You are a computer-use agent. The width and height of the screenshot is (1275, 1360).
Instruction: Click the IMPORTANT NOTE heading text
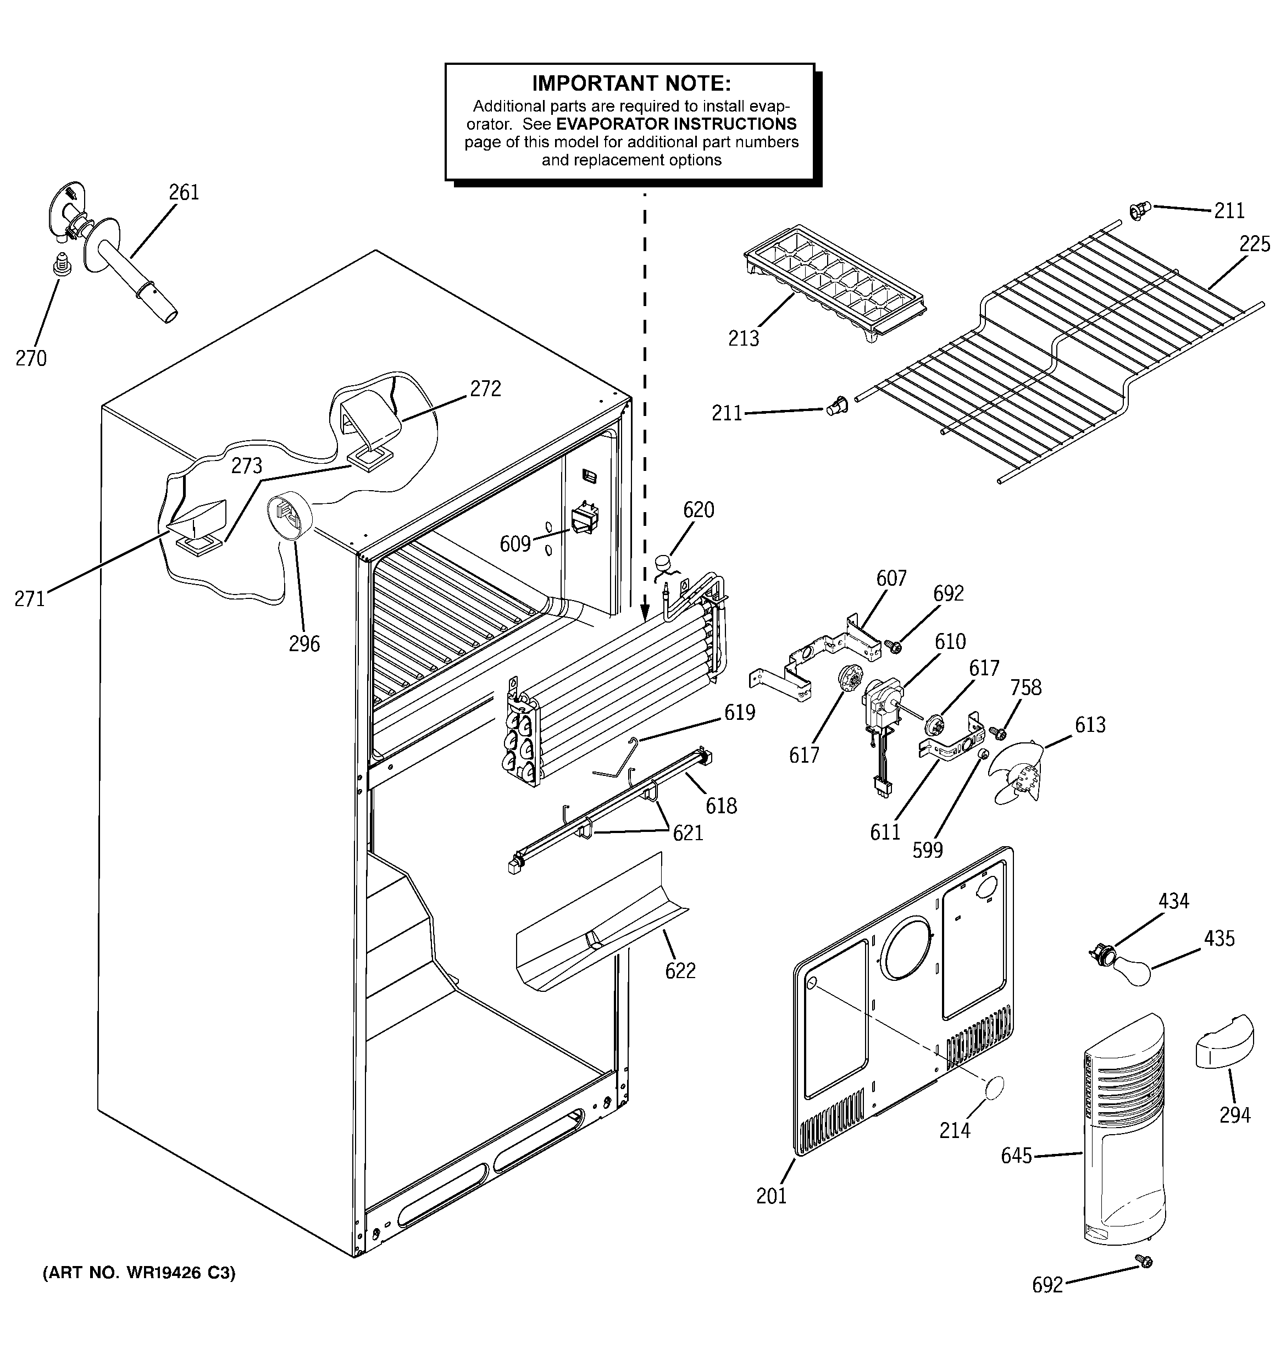[631, 84]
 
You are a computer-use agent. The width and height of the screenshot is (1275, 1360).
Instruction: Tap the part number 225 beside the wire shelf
[1254, 244]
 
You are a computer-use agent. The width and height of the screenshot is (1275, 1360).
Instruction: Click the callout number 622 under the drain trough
[680, 970]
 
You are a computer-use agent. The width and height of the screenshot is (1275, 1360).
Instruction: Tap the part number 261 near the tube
[184, 192]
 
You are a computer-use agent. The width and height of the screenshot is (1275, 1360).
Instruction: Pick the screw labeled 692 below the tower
[1143, 1261]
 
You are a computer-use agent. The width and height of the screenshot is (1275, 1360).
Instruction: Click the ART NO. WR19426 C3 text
[139, 1273]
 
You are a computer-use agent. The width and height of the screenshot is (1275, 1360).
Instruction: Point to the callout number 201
[771, 1215]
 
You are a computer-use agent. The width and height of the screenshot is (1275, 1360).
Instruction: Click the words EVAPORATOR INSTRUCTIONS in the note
[675, 124]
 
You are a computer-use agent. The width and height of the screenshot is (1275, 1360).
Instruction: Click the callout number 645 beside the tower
[1016, 1156]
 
